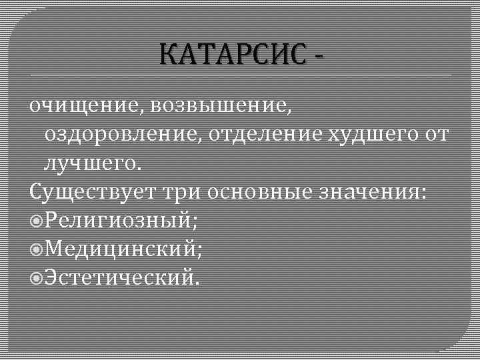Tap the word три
(x=181, y=192)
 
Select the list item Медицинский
(x=123, y=249)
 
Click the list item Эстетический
(x=120, y=277)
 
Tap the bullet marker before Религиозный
(x=37, y=220)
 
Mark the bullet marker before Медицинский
(x=37, y=249)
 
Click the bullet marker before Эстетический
(x=37, y=277)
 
